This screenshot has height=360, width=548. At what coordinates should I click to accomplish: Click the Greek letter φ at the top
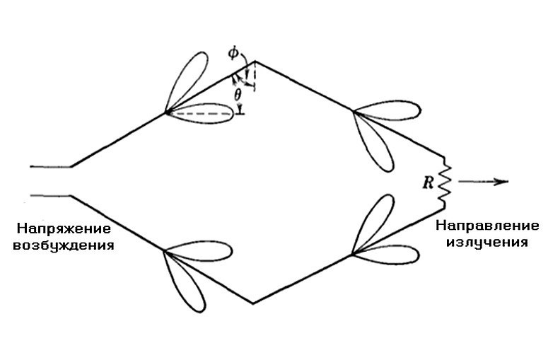(235, 52)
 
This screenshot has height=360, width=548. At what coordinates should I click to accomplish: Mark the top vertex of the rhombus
(254, 60)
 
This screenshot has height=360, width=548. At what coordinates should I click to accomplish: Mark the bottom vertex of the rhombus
(253, 303)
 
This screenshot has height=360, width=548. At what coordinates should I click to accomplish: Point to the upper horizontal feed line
(50, 167)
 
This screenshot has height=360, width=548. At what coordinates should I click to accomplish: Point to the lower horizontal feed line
(50, 193)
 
